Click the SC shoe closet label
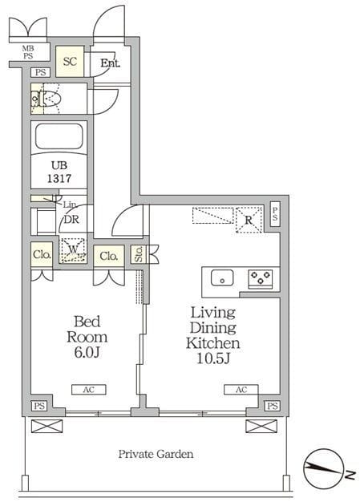tap(70, 61)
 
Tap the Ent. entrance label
tap(111, 63)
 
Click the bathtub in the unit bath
tap(59, 136)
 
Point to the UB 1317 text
tap(59, 172)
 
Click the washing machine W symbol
tap(73, 250)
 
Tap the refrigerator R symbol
tap(249, 220)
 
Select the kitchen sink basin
tap(222, 277)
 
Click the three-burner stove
tap(261, 278)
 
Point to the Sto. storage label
tap(139, 254)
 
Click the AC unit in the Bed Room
tap(89, 390)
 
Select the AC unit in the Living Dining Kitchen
tap(241, 390)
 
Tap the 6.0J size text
tap(87, 353)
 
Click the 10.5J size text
tap(213, 358)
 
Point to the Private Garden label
tap(156, 454)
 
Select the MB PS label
tap(28, 52)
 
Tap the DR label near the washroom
tap(71, 220)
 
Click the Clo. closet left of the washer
tap(42, 254)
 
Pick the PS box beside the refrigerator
tap(275, 214)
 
